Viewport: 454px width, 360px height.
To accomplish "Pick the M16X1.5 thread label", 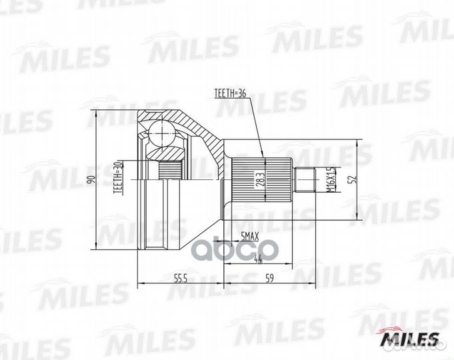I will pos(329,179).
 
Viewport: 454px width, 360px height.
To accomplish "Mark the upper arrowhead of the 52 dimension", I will pos(360,144).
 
